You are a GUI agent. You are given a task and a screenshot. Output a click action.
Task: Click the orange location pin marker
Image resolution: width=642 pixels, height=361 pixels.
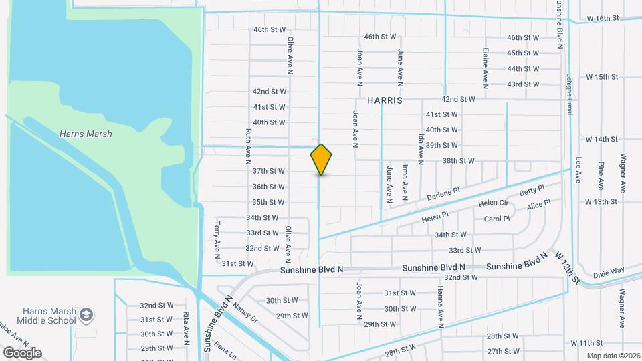click(x=321, y=159)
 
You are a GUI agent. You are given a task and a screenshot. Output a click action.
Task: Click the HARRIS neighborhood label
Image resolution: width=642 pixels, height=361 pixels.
click(x=385, y=100)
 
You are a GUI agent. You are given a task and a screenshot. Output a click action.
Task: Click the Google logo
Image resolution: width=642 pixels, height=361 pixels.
click(x=22, y=352)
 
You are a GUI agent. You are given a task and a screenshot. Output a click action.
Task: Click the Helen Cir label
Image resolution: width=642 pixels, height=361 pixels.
click(x=493, y=203)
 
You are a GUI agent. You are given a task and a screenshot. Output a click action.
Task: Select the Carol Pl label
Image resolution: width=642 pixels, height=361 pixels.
click(x=496, y=219)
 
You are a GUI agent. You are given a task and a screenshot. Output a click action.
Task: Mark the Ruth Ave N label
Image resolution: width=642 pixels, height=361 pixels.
click(x=248, y=146)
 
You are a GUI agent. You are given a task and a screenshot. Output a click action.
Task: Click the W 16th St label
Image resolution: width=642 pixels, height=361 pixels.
click(x=603, y=19)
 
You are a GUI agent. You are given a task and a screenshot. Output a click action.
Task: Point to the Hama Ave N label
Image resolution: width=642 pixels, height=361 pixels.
click(x=440, y=307)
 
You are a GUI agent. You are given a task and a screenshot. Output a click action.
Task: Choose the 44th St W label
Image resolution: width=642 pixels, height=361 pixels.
click(x=523, y=69)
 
